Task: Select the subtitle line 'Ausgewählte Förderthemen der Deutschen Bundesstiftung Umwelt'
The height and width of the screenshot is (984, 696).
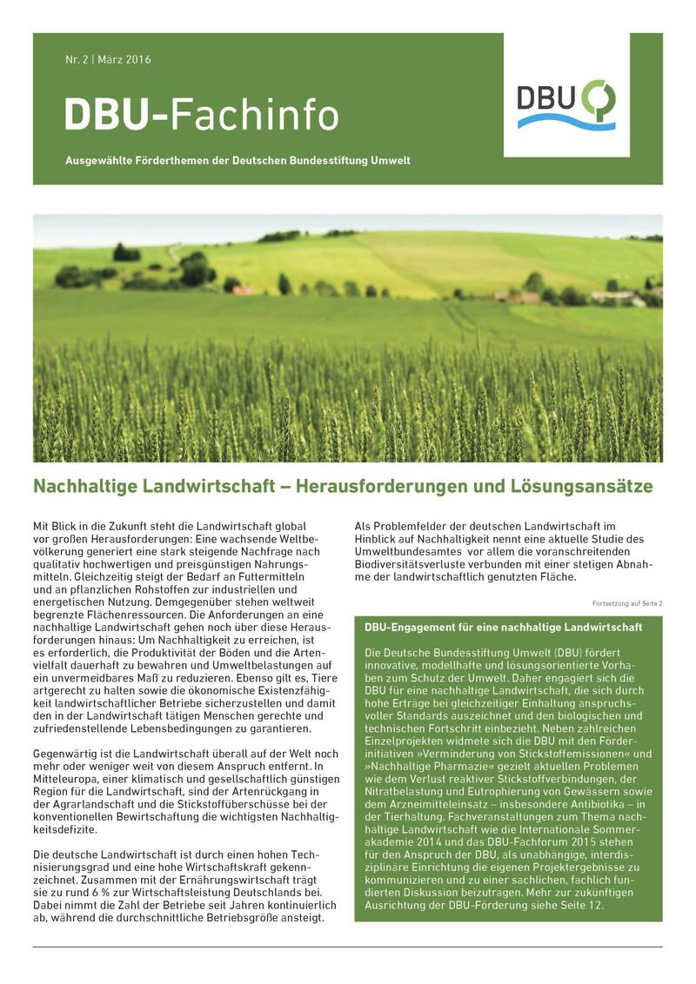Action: click(238, 161)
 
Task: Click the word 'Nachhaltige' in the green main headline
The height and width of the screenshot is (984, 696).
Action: click(81, 486)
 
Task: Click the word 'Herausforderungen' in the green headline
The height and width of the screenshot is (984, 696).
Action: click(375, 486)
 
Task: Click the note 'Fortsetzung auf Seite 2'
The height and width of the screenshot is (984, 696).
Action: click(626, 602)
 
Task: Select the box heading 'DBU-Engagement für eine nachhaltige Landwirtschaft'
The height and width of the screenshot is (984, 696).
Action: click(504, 627)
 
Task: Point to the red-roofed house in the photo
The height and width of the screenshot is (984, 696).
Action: click(244, 289)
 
